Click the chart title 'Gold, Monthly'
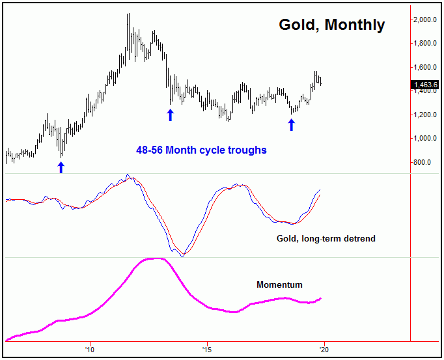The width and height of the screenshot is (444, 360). pos(331,25)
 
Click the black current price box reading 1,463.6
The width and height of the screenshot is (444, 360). pos(426,85)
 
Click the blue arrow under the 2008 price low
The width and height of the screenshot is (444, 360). pos(61,167)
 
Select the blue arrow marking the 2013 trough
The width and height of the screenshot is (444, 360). pos(171,115)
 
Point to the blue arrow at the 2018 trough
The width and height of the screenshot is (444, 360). pos(292,124)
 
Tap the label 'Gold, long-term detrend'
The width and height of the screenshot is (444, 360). pos(326,239)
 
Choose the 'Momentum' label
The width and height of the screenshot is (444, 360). pos(279,284)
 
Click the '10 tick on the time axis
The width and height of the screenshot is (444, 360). pos(90,347)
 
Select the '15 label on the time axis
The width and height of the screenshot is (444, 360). pos(206,347)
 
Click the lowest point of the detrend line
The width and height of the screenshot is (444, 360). pos(182,256)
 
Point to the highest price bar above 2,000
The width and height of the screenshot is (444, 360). pos(128,15)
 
